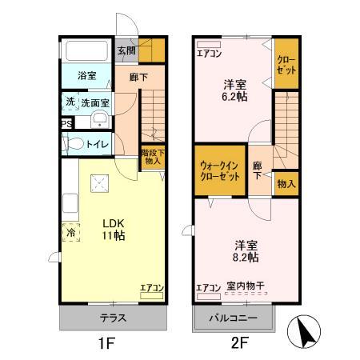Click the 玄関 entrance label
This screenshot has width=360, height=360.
[x=127, y=50]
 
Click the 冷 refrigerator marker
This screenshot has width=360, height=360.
[x=70, y=233]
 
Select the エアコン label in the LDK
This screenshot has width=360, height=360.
[x=151, y=286]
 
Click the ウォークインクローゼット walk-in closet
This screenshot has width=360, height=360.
[x=220, y=170]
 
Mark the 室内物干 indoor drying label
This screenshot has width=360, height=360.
[x=246, y=286]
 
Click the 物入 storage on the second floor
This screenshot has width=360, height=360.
[x=286, y=184]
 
